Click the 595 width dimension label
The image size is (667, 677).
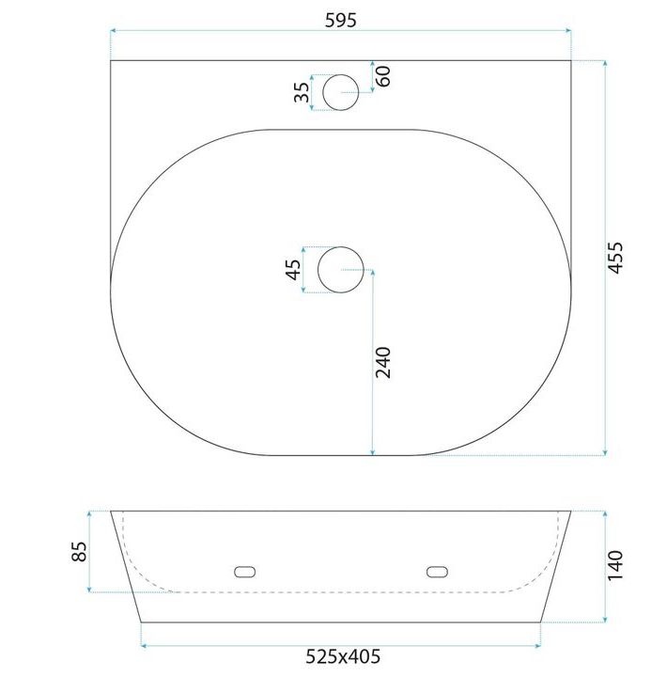tap(341, 21)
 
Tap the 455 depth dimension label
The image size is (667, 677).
tap(615, 258)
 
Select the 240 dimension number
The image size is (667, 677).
tap(382, 362)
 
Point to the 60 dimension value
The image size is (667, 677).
tap(383, 76)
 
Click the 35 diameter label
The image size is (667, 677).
tap(302, 92)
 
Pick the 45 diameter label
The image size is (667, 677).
tap(294, 270)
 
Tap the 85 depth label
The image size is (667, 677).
tap(79, 551)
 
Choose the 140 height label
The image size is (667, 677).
tap(615, 566)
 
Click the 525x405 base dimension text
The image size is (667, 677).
tap(343, 656)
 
